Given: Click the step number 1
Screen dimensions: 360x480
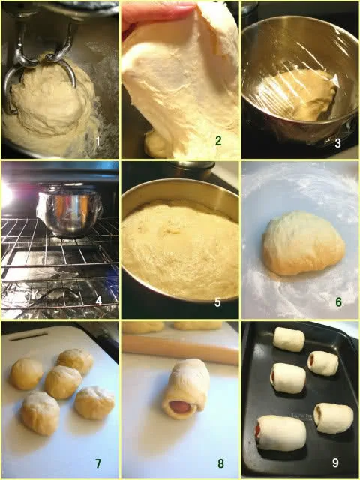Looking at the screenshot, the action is point(98,142).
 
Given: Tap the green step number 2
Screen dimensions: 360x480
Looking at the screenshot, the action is point(218,141).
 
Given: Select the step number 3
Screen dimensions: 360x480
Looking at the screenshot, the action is point(337,143).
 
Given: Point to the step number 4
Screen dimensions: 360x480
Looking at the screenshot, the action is point(98,301).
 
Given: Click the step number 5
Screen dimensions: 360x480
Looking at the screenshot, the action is point(217,302).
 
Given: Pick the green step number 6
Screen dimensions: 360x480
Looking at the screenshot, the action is point(338,301).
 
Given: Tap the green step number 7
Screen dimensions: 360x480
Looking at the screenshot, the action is point(98,463).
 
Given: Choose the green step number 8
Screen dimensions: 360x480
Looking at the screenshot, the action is point(220,463).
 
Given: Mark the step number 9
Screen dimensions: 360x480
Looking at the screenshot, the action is point(335,463).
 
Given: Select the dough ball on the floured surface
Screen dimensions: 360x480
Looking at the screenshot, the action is point(303,243).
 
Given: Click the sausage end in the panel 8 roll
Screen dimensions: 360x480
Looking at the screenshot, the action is point(179,407).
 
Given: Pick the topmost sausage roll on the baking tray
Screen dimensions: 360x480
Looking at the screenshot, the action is point(289,339).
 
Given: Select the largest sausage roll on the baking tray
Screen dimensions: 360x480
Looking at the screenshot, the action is point(281,433).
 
